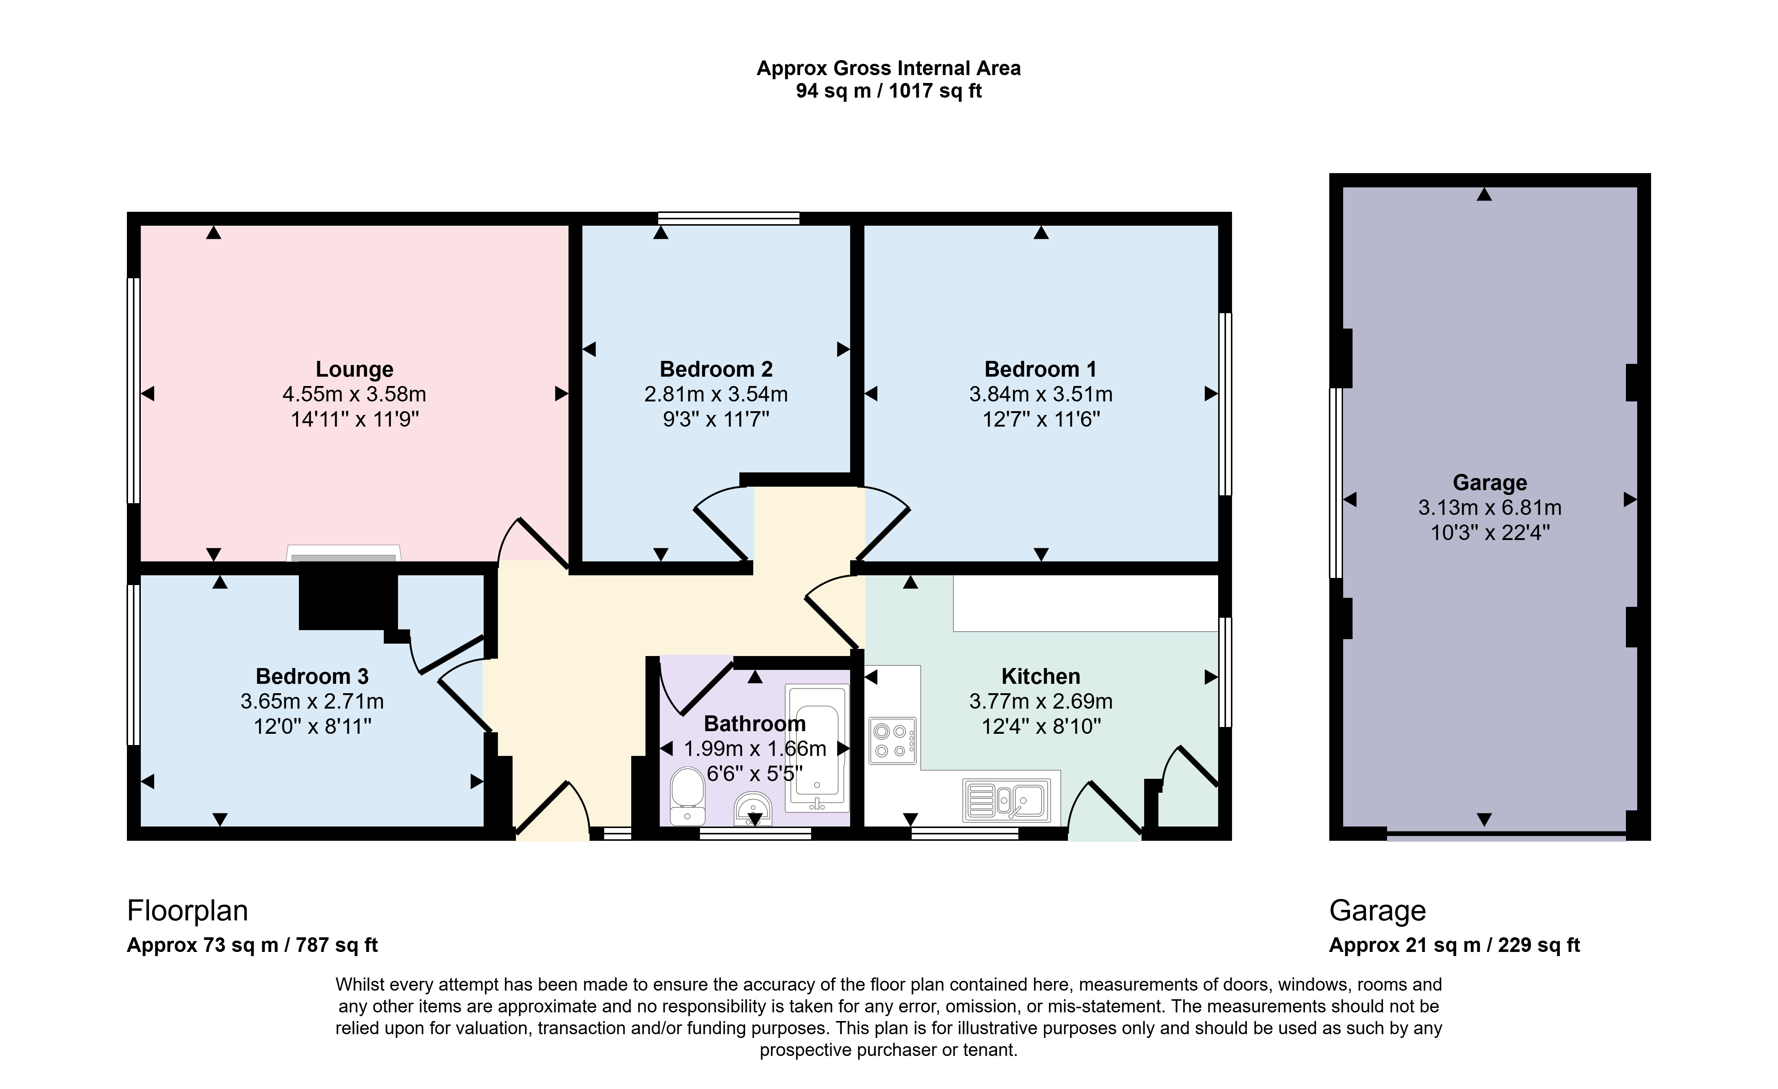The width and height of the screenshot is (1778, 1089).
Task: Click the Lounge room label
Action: click(354, 370)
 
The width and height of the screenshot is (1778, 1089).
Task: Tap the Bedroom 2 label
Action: click(716, 370)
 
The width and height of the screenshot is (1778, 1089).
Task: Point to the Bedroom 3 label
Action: click(312, 676)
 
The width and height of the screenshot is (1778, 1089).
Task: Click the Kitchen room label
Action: click(1041, 676)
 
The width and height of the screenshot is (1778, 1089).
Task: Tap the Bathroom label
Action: click(755, 723)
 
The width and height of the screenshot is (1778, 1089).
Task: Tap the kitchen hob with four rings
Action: click(893, 741)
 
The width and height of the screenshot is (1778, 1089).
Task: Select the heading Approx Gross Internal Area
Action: click(888, 69)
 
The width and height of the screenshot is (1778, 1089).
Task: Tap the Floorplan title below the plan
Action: click(188, 911)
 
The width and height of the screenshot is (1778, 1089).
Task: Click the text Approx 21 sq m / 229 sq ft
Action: click(1455, 946)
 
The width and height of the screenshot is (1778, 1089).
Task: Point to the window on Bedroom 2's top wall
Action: click(729, 218)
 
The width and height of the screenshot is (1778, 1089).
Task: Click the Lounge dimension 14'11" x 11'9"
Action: click(354, 419)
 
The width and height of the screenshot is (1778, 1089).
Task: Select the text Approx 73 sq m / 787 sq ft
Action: click(253, 946)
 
